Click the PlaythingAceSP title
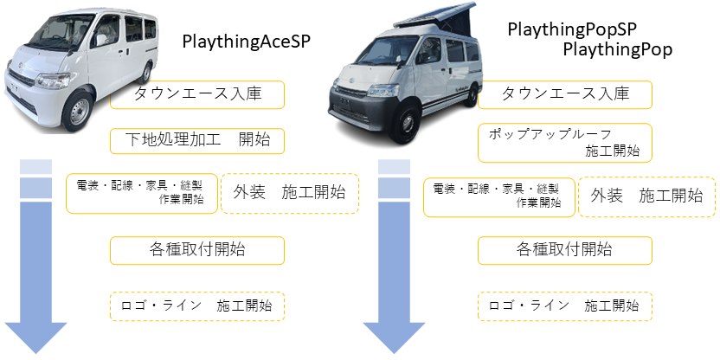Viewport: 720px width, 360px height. click(x=247, y=42)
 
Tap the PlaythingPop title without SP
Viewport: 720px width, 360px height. click(x=618, y=49)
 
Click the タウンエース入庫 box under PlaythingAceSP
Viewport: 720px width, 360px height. click(x=197, y=95)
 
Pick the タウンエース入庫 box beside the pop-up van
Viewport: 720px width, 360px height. click(x=565, y=95)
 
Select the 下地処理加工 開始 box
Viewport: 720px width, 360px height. click(x=197, y=141)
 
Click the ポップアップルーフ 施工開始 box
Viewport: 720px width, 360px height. click(x=565, y=143)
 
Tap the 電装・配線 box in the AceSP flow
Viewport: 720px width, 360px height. click(x=142, y=193)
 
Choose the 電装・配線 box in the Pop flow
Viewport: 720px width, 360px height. click(x=499, y=197)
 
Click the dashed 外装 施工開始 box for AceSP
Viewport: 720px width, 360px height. click(x=290, y=193)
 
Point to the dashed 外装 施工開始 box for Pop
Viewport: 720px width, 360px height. click(x=647, y=197)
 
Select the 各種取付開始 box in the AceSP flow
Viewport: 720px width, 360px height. click(x=197, y=251)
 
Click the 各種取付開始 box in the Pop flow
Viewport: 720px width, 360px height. click(x=565, y=251)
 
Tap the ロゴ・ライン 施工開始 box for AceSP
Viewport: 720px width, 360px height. click(x=197, y=306)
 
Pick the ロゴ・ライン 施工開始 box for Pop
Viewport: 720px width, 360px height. click(x=565, y=306)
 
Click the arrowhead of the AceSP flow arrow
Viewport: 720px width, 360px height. click(x=35, y=337)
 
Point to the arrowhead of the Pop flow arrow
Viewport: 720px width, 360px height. click(x=394, y=337)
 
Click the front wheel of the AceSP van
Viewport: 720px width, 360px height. click(x=79, y=110)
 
